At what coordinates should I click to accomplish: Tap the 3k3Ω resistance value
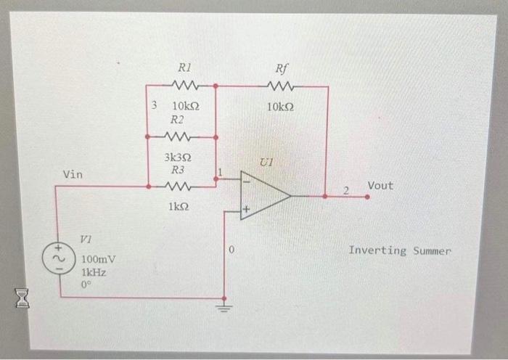coord(178,157)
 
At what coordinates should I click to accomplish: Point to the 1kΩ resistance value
coord(177,207)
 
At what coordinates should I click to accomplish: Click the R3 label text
coord(178,170)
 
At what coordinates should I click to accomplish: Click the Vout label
coord(380,186)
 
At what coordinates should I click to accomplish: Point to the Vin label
coord(73,175)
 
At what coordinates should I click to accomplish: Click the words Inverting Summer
coord(399,250)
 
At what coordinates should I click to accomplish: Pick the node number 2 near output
coord(347,190)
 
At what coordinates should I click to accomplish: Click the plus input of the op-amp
coord(246,211)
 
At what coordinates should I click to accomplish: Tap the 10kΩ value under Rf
coord(280,106)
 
